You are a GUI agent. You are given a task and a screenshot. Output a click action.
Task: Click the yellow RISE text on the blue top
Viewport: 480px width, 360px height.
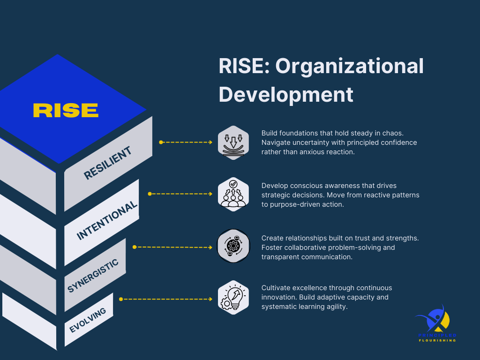pos(66,110)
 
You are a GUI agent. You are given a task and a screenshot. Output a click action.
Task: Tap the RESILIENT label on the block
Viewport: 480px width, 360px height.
pos(107,163)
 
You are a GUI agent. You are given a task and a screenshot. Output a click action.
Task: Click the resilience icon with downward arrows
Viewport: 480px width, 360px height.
pos(233,142)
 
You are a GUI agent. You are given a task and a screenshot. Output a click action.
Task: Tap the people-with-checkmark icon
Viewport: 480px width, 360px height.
pos(233,194)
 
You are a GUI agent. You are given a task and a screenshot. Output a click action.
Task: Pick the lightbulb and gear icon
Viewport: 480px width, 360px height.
pos(233,299)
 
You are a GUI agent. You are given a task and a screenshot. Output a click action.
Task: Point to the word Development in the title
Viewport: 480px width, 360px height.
pos(286,94)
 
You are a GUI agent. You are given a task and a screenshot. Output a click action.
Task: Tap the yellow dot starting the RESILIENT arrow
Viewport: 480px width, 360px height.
pos(161,142)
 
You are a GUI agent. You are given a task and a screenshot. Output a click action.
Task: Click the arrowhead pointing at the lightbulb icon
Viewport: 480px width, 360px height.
pos(210,299)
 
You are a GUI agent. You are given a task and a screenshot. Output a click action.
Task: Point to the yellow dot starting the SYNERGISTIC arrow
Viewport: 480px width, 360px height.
pos(134,247)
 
